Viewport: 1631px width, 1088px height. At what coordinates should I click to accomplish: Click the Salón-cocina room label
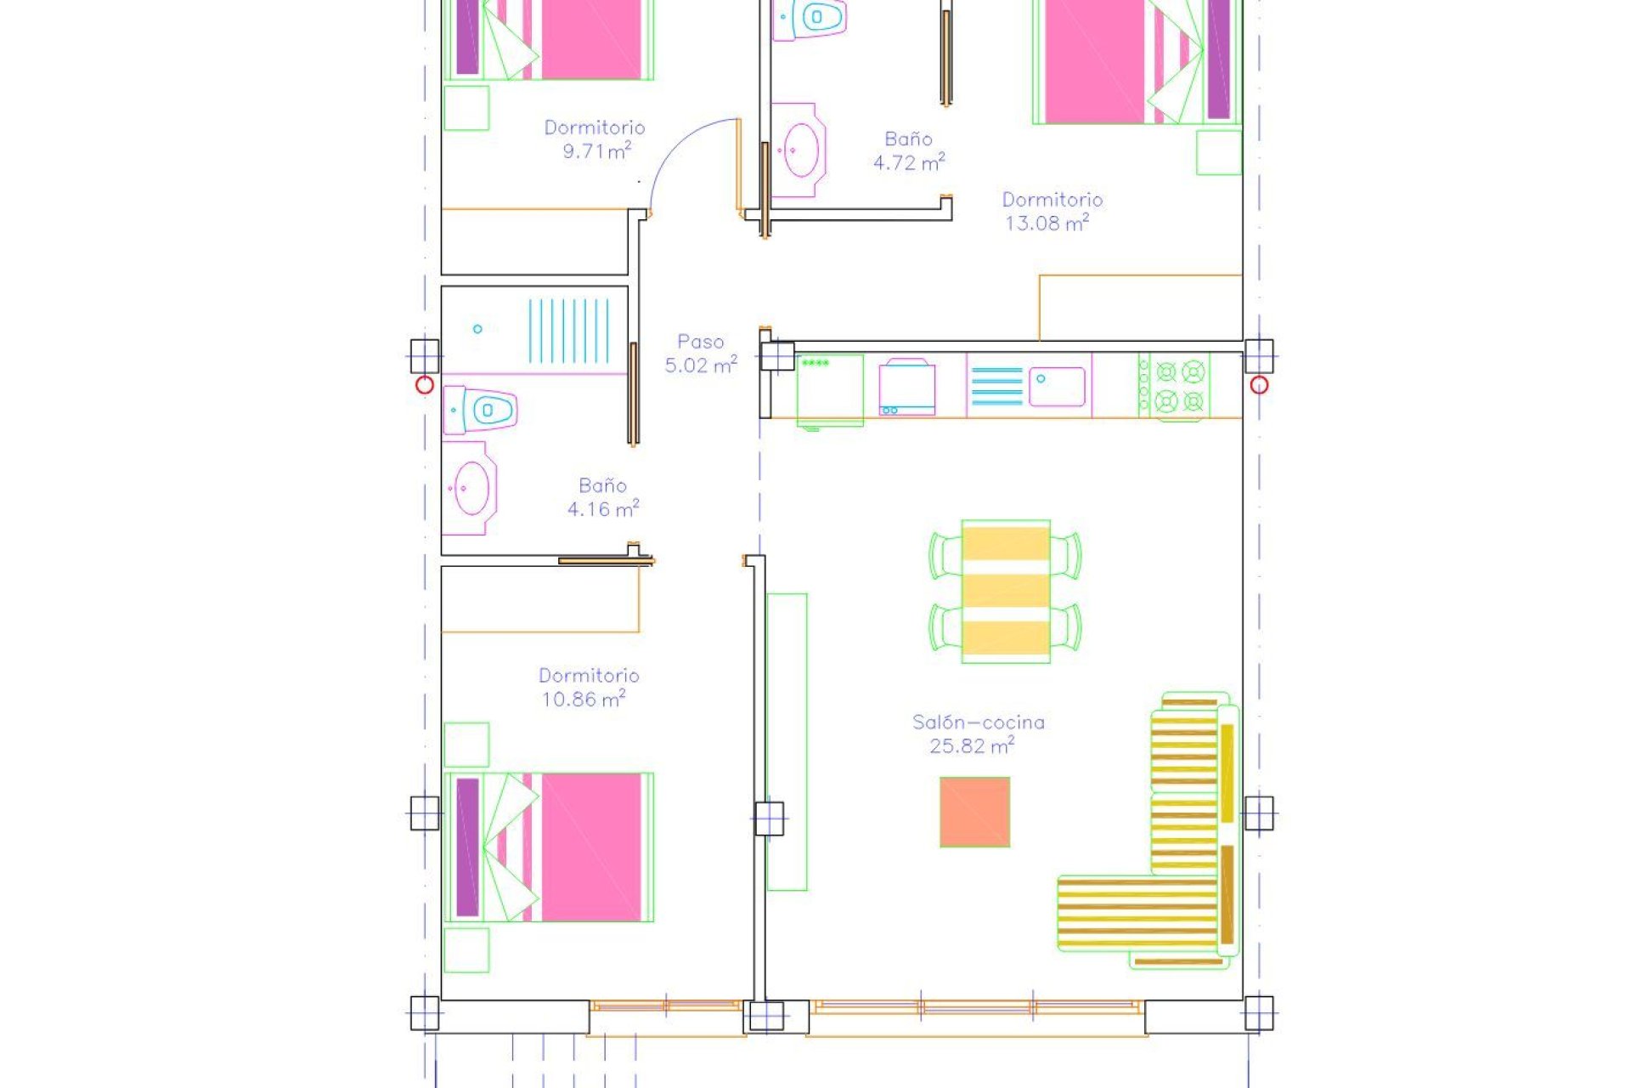978,722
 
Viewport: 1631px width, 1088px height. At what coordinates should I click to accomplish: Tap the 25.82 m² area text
971,746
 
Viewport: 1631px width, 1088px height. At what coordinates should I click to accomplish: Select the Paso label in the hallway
700,342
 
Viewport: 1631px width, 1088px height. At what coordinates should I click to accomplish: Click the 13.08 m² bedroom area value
1047,224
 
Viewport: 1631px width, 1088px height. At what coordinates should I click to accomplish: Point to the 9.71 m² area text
596,151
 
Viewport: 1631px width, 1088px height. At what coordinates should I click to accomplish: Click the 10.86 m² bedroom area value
584,700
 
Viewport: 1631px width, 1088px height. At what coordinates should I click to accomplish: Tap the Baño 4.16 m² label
602,497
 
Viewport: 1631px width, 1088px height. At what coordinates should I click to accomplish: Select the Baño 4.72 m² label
908,150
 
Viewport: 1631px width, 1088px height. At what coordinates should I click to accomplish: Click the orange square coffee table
974,812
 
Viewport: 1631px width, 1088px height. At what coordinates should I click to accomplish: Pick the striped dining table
1006,592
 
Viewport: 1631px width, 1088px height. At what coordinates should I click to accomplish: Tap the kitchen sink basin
1057,387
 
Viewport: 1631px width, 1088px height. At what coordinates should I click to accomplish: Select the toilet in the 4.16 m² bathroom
483,411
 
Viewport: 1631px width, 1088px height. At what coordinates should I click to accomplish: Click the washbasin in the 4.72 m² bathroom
799,150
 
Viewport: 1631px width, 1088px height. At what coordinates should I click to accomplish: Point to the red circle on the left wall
425,385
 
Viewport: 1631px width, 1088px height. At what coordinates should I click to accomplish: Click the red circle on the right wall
1259,385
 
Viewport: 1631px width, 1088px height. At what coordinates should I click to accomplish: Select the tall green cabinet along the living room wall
787,741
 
